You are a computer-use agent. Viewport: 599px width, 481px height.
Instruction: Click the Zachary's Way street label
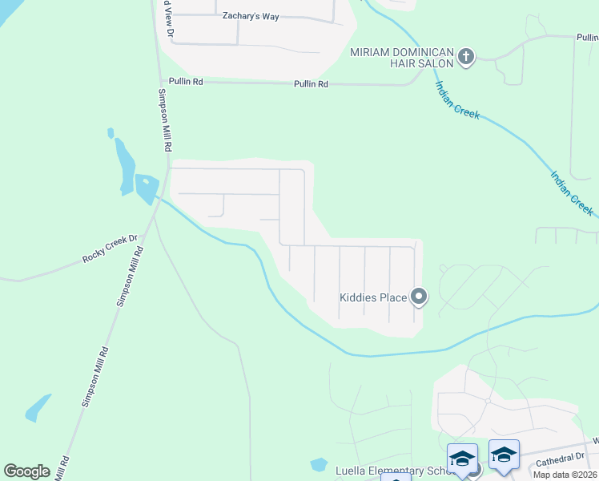(252, 16)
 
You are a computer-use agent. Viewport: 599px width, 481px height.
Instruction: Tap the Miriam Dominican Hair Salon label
(401, 58)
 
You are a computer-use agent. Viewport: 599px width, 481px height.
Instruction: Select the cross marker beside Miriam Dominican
(466, 57)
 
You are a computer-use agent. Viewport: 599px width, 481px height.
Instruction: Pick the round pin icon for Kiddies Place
(418, 297)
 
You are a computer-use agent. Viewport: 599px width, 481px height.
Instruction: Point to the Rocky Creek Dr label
(111, 249)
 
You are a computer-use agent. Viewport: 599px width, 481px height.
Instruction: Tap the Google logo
(27, 471)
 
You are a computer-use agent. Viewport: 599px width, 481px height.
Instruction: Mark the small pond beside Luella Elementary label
(319, 464)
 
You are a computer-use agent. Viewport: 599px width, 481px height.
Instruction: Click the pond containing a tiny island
(147, 188)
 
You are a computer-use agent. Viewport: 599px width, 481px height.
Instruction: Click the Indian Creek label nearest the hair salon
(456, 100)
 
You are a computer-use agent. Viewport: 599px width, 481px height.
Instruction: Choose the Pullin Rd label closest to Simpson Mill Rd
(183, 82)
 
